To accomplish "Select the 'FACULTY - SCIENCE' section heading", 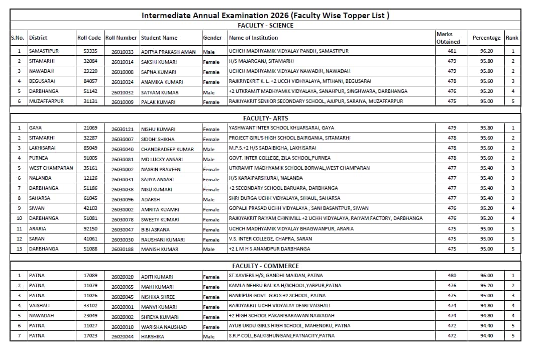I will click(x=265, y=25).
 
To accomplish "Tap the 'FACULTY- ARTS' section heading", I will click(x=265, y=118).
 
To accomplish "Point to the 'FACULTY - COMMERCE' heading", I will click(x=265, y=266).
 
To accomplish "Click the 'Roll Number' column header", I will click(x=121, y=38).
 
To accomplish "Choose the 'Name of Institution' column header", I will click(x=253, y=38).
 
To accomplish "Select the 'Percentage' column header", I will click(x=486, y=38).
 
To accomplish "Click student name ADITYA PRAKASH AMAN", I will click(x=168, y=52).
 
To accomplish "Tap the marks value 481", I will click(x=452, y=51).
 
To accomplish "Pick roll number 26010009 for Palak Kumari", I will click(x=123, y=102).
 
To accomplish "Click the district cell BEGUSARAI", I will click(x=42, y=81).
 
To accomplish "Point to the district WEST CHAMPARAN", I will click(x=51, y=168).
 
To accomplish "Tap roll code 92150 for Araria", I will click(x=90, y=228).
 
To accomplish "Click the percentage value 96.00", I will click(x=486, y=276).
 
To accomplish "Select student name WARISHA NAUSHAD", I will click(x=164, y=327).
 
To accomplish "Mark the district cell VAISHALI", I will click(x=39, y=306).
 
